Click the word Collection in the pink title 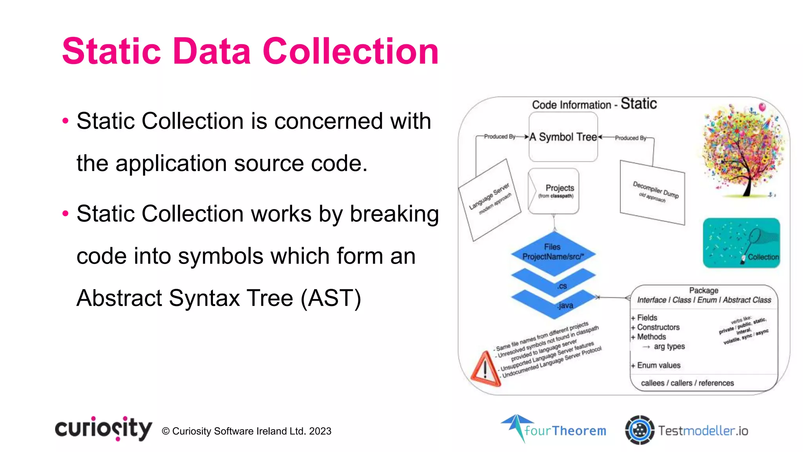[350, 51]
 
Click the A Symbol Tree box [563, 137]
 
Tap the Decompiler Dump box [652, 192]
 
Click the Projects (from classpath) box [554, 191]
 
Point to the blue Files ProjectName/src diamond [553, 252]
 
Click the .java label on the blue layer [565, 305]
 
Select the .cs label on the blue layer [562, 286]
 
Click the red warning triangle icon [485, 369]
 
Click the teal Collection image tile [741, 243]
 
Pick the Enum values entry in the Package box [658, 365]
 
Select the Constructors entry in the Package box [658, 327]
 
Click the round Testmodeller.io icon [639, 430]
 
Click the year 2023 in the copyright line [320, 431]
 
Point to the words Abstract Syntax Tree [185, 298]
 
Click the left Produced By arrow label [500, 137]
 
